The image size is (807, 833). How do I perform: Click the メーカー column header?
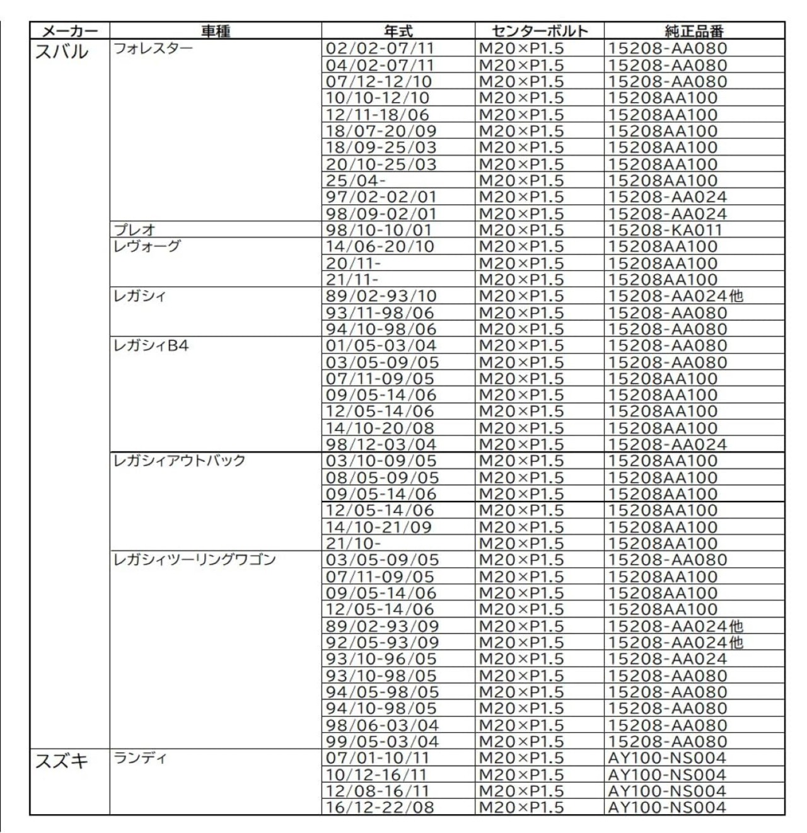[69, 31]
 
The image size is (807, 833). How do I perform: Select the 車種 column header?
[216, 31]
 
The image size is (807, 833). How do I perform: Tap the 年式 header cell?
[398, 31]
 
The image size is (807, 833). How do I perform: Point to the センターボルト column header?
[539, 31]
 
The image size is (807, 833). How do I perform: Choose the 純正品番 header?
[694, 31]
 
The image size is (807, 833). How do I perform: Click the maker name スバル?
[62, 52]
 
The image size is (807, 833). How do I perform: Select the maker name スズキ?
[62, 762]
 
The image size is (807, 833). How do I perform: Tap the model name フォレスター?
[153, 49]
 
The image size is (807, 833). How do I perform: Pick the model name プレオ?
[134, 230]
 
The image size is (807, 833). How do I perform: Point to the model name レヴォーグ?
[147, 246]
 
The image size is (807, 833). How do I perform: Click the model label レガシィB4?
[151, 345]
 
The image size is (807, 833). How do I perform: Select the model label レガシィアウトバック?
[179, 461]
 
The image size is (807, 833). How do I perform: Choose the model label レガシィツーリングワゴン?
[194, 560]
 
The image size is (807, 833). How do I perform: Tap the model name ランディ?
[140, 758]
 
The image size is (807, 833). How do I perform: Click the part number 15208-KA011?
[665, 230]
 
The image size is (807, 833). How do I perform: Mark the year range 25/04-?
[356, 181]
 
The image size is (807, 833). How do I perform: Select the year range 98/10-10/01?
[380, 230]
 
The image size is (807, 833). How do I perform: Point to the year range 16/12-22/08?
[380, 807]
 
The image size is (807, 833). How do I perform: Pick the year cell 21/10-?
[353, 543]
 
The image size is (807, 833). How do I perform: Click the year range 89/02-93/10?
[381, 296]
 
